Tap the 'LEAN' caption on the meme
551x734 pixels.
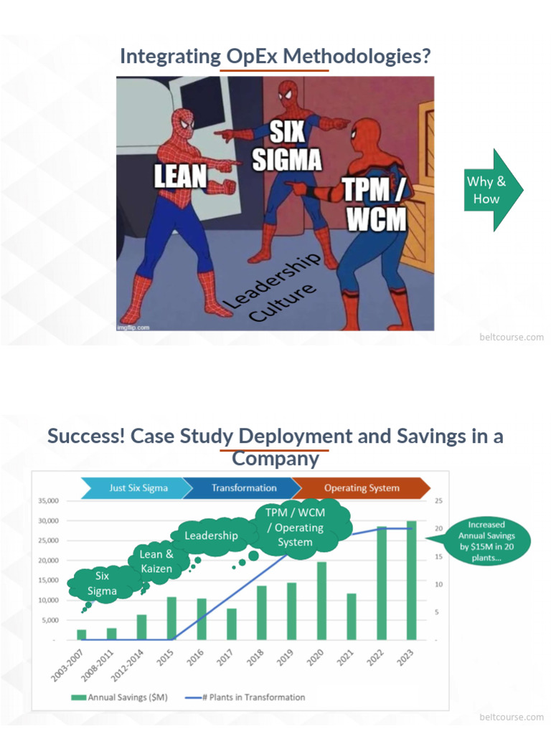coord(180,176)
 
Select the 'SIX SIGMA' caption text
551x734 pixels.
coord(287,146)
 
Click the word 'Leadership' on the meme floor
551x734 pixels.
coord(272,281)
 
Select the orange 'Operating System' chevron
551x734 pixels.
coord(362,487)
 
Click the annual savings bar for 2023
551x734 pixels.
coord(411,580)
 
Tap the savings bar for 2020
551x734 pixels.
coord(321,601)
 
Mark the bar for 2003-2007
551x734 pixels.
coord(82,635)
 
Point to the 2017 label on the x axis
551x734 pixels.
coord(225,657)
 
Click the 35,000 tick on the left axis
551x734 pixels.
coord(49,500)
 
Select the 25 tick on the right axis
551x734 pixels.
coord(438,500)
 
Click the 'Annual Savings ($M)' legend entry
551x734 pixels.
coord(119,697)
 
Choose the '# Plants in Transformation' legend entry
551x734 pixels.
coord(245,697)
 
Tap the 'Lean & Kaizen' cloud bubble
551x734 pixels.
coord(156,562)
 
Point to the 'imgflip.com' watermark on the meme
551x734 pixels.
coord(133,327)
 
